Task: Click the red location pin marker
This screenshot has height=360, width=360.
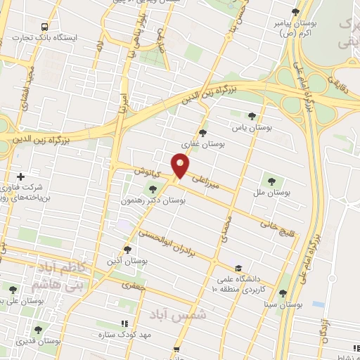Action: pos(181,166)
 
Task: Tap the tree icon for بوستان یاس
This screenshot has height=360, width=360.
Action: pos(252,116)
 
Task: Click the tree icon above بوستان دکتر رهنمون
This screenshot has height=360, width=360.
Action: pos(153,188)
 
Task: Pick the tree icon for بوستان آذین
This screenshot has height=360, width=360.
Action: pos(127,249)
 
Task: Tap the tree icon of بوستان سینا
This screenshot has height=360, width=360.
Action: pos(283,294)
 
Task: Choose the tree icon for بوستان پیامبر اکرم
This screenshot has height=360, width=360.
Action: pos(295,12)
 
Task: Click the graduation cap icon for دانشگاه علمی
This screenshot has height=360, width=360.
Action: pos(239,268)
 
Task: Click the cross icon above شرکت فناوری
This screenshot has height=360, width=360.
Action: pos(20,176)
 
